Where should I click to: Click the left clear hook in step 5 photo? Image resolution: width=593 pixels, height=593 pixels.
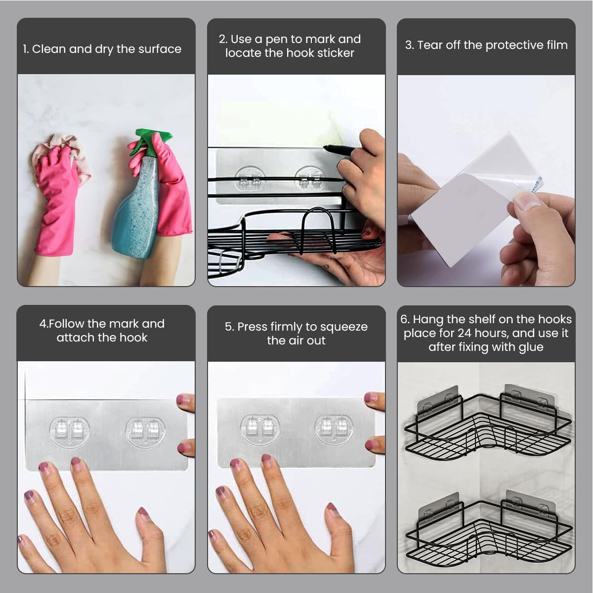click(x=260, y=429)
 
